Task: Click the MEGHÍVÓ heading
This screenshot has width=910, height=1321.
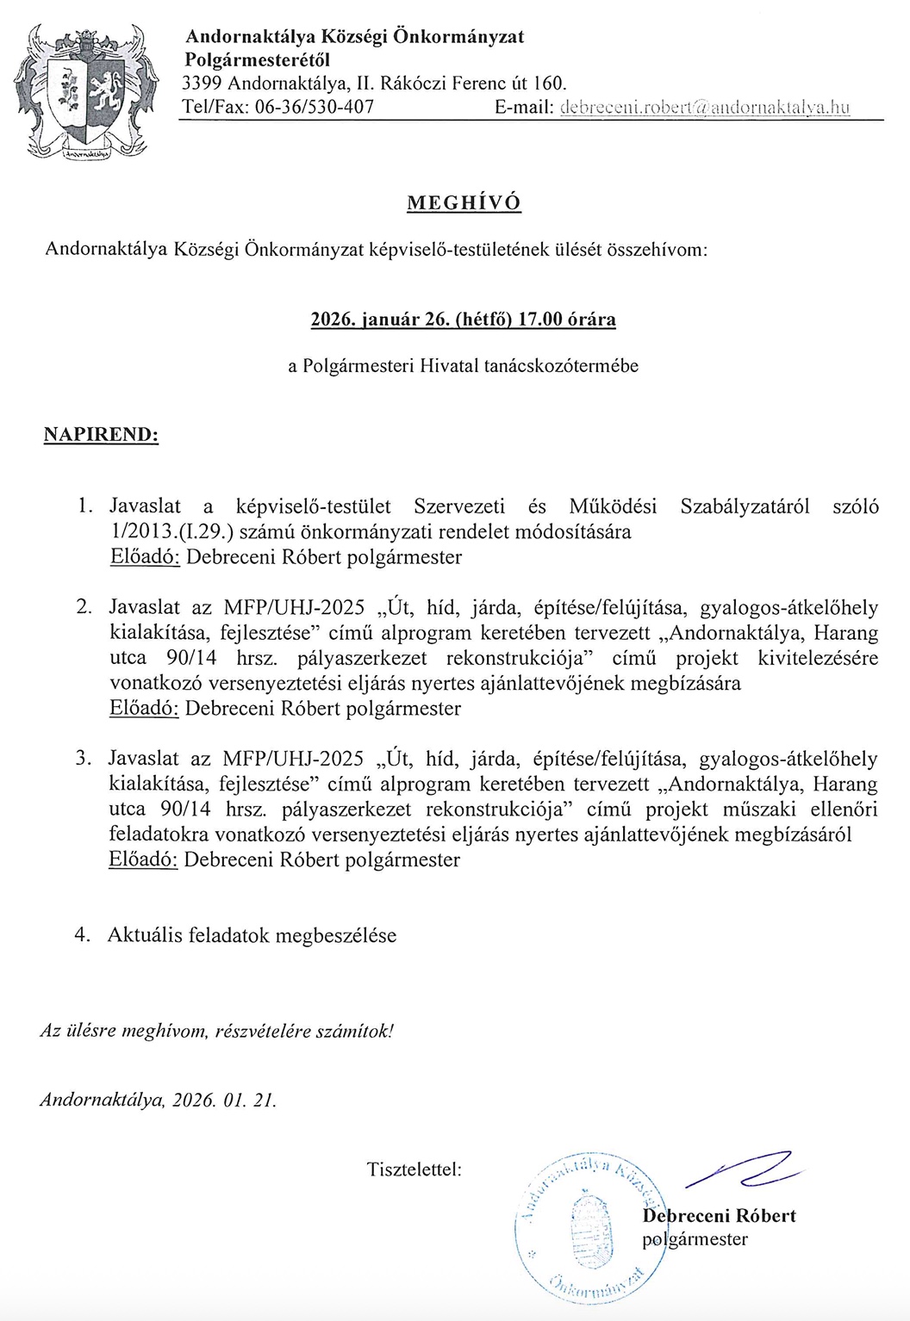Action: click(x=464, y=203)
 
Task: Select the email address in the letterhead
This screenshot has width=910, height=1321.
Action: click(x=704, y=108)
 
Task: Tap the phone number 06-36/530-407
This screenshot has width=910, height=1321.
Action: click(x=314, y=108)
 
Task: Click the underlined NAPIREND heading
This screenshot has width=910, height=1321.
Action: click(x=101, y=434)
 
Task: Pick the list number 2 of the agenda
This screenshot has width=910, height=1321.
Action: click(x=84, y=607)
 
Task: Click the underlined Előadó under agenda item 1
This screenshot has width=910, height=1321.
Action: click(x=145, y=557)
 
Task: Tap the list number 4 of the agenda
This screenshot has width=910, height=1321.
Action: click(x=83, y=935)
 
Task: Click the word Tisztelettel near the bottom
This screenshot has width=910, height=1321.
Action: click(x=414, y=1169)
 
